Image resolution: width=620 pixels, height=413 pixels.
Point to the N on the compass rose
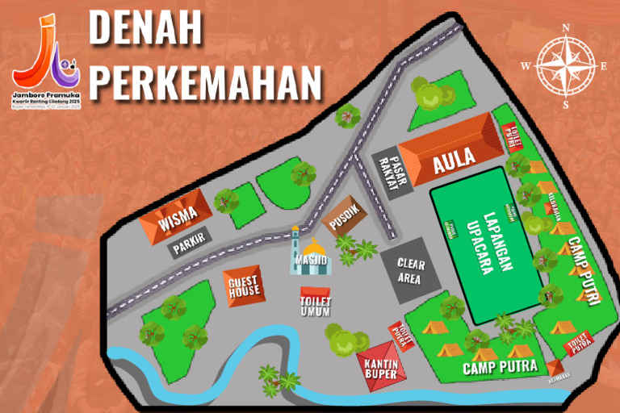[566, 27]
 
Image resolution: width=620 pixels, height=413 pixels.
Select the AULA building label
[454, 163]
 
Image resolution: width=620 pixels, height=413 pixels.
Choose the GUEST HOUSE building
[243, 284]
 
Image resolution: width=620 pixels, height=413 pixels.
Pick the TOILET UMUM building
[316, 302]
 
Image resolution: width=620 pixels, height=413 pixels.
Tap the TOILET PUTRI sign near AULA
[512, 136]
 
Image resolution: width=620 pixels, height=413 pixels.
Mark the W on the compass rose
[526, 65]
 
